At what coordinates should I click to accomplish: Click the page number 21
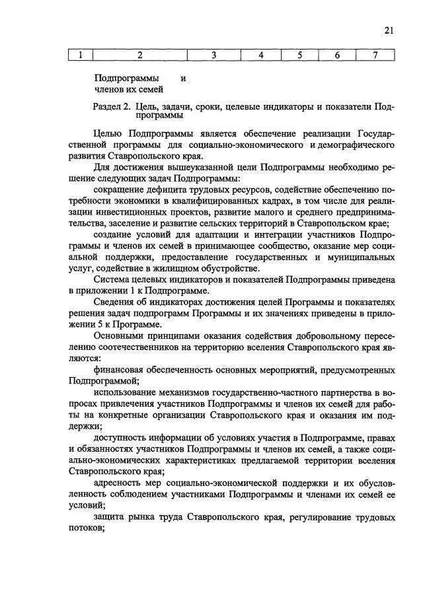coord(388,30)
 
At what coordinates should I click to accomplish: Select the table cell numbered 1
coord(81,55)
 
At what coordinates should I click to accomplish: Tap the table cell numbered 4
coord(261,55)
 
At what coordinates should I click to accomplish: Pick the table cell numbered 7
coord(375,55)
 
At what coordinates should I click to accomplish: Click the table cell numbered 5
coord(299,55)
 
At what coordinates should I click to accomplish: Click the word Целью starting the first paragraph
coord(108,135)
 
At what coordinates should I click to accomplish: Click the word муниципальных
coord(360,262)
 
